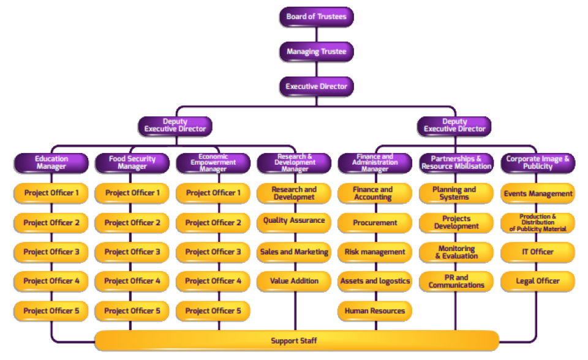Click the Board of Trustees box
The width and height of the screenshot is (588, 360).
pos(316,17)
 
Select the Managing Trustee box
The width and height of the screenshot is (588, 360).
pos(316,51)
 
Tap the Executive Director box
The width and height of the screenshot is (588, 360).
pos(316,86)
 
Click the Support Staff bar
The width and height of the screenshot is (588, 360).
pos(297,340)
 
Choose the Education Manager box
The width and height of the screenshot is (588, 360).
pos(51,163)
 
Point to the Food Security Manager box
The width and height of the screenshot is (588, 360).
pos(132,163)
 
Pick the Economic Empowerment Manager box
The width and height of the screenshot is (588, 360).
pos(213,163)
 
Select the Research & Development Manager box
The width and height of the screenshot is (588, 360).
pos(294,163)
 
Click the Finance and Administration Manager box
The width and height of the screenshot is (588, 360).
pos(375,163)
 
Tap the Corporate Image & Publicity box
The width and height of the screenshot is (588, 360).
pos(538,163)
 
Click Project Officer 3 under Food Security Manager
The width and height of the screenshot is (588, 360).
pos(132,252)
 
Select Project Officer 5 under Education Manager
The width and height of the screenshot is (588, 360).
pos(51,311)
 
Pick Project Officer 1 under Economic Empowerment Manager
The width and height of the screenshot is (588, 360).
pos(213,193)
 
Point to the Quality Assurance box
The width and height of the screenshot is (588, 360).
pos(294,220)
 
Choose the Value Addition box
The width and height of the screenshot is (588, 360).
pos(294,281)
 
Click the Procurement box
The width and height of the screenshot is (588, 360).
pos(375,223)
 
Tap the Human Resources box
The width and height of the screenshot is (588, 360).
pos(375,311)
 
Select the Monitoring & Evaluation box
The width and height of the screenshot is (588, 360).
pos(456,252)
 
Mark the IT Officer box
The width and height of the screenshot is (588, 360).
pos(538,252)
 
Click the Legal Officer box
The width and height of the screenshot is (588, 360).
pos(538,281)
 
